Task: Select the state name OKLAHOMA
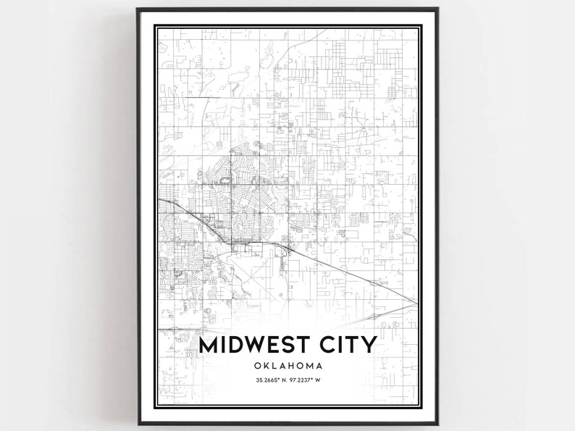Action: (x=287, y=366)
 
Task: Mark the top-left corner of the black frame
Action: (x=136, y=9)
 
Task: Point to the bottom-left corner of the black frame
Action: (x=136, y=422)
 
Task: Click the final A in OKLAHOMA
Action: (x=321, y=366)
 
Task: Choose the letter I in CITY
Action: (x=342, y=345)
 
